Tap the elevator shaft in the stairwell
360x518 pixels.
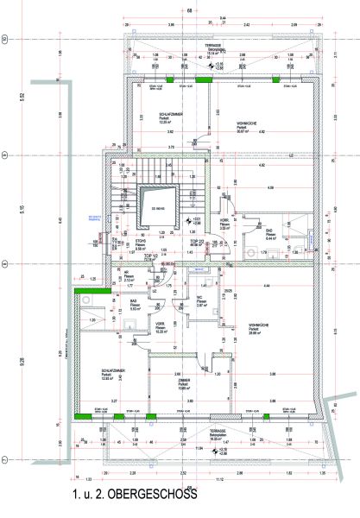coord(161,205)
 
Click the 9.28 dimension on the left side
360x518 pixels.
coord(61,352)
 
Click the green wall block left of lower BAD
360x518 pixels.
coord(85,291)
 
